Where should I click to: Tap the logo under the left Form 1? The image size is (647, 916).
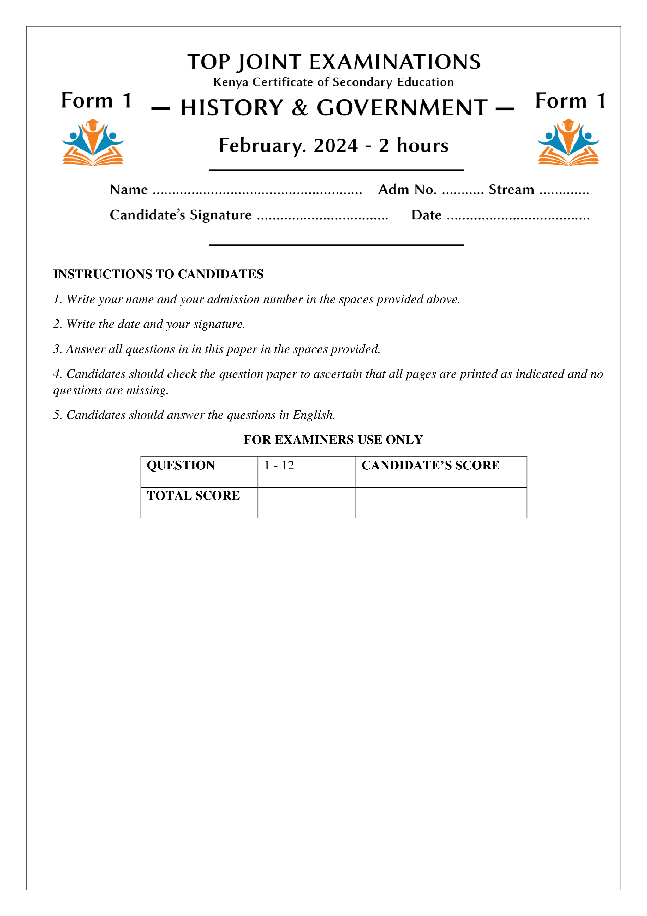pos(93,142)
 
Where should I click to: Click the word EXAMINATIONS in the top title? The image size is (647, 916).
pos(395,62)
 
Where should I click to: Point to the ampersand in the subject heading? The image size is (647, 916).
pos(299,108)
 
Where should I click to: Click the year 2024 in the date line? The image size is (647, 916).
pos(336,145)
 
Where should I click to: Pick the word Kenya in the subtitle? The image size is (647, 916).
pos(231,82)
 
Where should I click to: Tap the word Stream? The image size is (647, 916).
pos(511,190)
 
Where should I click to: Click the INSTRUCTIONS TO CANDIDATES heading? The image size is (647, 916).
pos(158,274)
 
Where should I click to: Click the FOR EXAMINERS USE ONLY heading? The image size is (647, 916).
pos(333,440)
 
